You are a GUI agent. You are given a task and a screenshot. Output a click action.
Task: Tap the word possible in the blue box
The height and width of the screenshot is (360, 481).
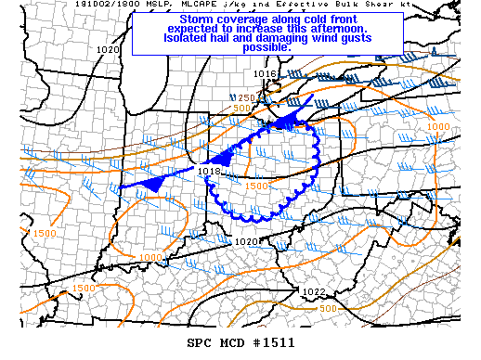266,48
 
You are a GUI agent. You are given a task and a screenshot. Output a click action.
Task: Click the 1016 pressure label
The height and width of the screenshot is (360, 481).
266,73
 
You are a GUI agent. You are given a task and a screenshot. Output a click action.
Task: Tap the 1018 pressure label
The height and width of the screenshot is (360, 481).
210,171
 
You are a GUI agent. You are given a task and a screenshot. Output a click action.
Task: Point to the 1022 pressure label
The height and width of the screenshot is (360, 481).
313,292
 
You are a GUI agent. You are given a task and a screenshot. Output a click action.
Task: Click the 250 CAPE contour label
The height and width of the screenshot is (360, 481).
245,98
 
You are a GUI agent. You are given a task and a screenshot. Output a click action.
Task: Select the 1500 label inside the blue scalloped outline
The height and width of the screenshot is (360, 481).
257,186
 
